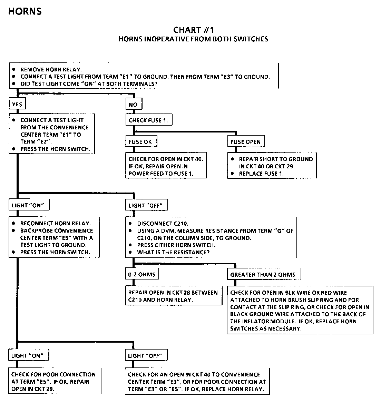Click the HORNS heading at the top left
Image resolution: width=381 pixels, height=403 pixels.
[25, 11]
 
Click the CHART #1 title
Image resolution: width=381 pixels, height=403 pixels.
[193, 30]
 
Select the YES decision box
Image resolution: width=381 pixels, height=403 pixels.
[17, 104]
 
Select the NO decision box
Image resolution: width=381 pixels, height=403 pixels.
[133, 104]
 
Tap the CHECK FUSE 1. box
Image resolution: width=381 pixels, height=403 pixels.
[148, 120]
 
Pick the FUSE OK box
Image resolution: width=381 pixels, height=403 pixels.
[140, 141]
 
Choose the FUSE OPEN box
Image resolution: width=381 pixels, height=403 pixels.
[245, 141]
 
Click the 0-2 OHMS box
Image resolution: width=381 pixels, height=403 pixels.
[142, 275]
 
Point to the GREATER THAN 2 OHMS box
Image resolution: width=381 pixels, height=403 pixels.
[263, 275]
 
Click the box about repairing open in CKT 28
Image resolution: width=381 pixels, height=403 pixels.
[173, 296]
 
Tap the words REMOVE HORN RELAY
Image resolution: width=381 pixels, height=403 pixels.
[51, 69]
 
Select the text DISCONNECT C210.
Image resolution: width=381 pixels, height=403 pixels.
[163, 224]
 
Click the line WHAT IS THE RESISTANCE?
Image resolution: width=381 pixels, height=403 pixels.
[173, 252]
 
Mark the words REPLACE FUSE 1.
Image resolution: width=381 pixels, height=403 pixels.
[261, 174]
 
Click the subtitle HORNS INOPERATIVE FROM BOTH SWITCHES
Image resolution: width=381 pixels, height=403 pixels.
[193, 39]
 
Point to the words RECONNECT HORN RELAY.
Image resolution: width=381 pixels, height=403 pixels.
[55, 223]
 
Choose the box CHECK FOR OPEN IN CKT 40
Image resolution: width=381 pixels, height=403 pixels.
[166, 166]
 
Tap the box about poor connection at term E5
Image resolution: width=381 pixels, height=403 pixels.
[53, 382]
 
